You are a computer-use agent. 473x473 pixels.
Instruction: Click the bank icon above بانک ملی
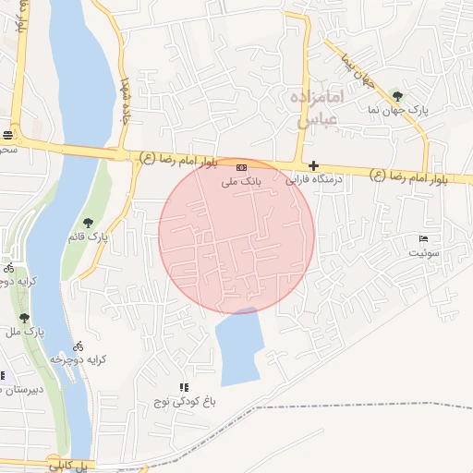(x=241, y=167)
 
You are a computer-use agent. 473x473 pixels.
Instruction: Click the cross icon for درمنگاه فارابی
(x=314, y=165)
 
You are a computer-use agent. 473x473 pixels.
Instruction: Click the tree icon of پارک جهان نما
(x=397, y=94)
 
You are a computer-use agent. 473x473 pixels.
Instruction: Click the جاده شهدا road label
(x=125, y=102)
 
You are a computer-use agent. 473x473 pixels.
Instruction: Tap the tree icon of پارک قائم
(x=88, y=222)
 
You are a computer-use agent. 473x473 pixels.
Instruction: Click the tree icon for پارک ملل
(x=24, y=318)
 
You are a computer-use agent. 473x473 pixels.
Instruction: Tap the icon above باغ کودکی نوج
(x=184, y=387)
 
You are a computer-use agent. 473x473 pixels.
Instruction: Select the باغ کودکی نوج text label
(x=184, y=402)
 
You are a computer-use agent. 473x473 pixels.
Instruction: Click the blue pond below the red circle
(x=237, y=346)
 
